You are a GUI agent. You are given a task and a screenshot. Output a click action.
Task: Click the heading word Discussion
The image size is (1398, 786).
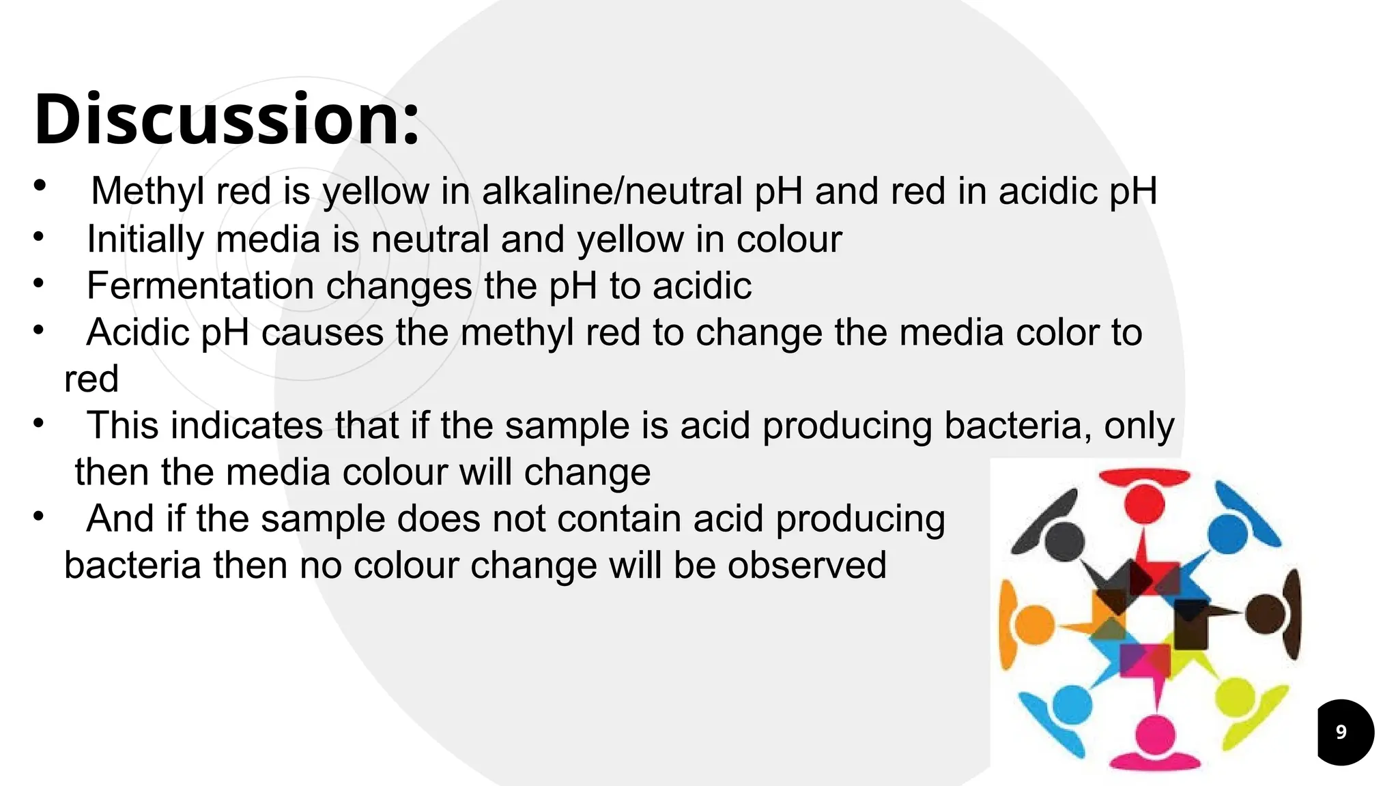(x=225, y=119)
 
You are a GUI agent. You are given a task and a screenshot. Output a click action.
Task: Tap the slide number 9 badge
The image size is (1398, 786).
(x=1341, y=732)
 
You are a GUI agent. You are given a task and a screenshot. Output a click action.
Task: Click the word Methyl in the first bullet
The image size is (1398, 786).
(x=147, y=191)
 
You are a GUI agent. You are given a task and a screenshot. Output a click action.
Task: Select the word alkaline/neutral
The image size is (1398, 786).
(x=612, y=191)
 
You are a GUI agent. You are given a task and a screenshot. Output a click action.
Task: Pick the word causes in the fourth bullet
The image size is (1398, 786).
(x=322, y=333)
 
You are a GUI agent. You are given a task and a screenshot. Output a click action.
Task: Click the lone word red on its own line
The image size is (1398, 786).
(x=91, y=379)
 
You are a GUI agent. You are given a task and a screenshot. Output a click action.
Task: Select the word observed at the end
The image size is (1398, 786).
(x=807, y=566)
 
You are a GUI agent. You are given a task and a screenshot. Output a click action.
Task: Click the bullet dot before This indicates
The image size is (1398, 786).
(x=39, y=423)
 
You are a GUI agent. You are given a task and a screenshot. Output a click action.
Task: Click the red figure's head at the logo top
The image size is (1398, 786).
(x=1144, y=504)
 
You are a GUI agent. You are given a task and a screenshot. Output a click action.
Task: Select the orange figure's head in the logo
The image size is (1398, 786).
(x=1035, y=624)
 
